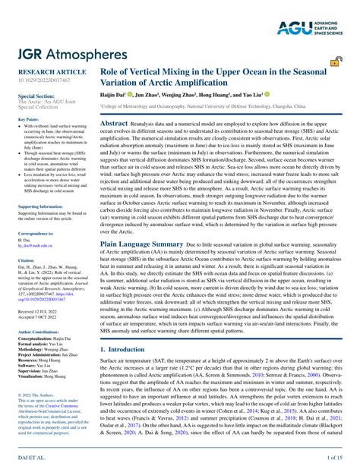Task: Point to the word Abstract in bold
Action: click(x=115, y=123)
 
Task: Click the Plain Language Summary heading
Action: click(x=142, y=244)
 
